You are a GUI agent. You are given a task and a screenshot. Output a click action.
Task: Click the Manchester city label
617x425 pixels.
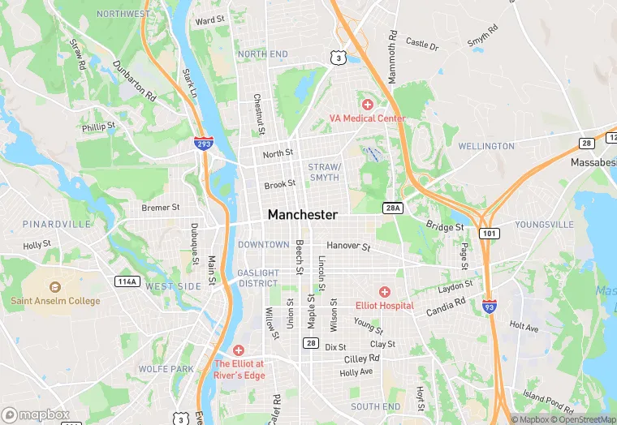coord(302,215)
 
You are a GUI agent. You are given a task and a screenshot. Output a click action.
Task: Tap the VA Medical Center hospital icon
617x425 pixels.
coord(367,105)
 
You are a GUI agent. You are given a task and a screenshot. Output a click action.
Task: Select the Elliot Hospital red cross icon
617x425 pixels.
coord(385,292)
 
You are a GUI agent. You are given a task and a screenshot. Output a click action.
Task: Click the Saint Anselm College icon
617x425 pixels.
coord(55,287)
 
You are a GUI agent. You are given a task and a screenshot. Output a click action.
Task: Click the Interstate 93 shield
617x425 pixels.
coord(489,306)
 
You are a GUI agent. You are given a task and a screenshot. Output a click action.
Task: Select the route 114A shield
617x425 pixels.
coord(126,281)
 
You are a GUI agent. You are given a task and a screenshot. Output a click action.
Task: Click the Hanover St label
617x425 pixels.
coord(348,245)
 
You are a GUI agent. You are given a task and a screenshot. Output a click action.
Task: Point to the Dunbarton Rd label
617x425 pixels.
coord(134,79)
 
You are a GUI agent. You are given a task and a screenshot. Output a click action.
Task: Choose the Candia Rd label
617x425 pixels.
coord(446,307)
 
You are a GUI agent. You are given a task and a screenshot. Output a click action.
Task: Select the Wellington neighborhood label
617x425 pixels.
coord(486,147)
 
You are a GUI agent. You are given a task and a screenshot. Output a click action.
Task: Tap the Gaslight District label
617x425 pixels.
coord(258,278)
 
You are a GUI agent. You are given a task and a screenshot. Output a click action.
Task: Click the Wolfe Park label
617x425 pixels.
coord(166,369)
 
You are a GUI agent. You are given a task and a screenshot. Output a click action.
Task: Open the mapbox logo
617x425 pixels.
coord(36,414)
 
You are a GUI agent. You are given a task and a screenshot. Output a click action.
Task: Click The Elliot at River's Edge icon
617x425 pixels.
coord(239,350)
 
